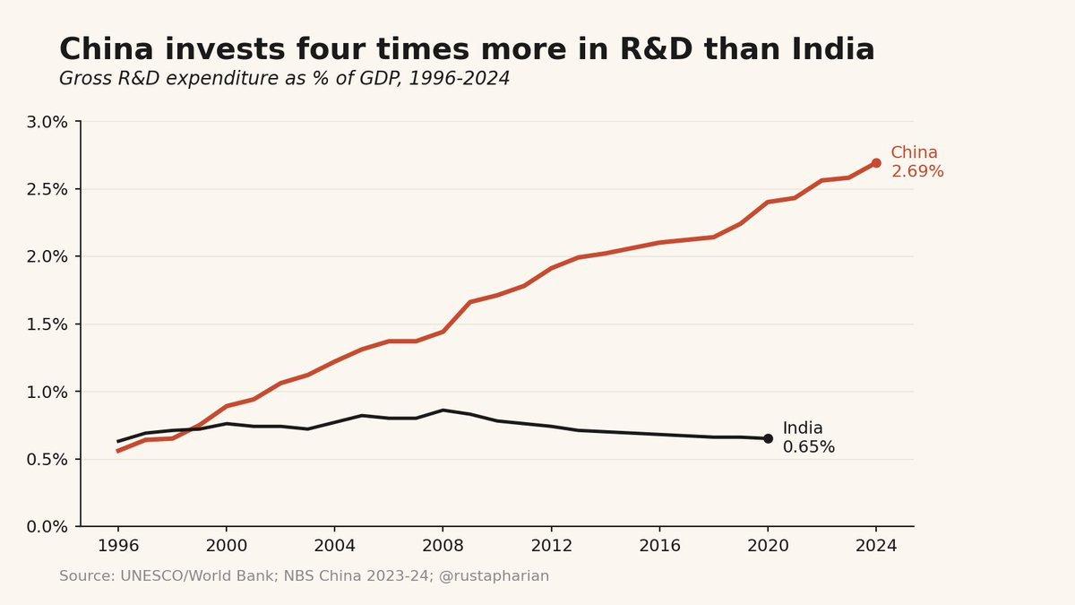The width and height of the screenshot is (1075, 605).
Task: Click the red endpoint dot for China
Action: pyautogui.click(x=876, y=163)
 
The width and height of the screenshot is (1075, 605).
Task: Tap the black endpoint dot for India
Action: pyautogui.click(x=768, y=438)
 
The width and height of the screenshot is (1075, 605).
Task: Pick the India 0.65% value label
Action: pyautogui.click(x=809, y=437)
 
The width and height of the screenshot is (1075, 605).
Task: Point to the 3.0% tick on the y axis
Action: pyautogui.click(x=47, y=122)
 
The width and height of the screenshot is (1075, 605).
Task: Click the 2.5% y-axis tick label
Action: pyautogui.click(x=47, y=190)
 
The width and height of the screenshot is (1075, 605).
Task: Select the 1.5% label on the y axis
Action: pyautogui.click(x=47, y=324)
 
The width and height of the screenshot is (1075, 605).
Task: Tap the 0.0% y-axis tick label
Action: pyautogui.click(x=47, y=527)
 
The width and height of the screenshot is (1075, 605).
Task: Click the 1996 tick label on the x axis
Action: pyautogui.click(x=118, y=546)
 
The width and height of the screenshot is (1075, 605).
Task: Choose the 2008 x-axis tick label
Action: pyautogui.click(x=443, y=546)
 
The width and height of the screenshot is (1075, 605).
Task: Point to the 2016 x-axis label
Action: pyautogui.click(x=659, y=546)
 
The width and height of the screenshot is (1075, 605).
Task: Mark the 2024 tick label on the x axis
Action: pyautogui.click(x=876, y=546)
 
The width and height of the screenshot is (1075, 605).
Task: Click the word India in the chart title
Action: pyautogui.click(x=832, y=49)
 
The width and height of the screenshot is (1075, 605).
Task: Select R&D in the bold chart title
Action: pyautogui.click(x=656, y=49)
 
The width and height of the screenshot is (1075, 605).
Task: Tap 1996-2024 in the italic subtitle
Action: pyautogui.click(x=460, y=78)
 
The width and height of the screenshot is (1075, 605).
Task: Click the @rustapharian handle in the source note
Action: pyautogui.click(x=494, y=576)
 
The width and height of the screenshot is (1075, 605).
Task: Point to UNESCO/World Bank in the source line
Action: pyautogui.click(x=197, y=576)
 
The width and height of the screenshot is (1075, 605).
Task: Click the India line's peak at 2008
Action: pyautogui.click(x=443, y=411)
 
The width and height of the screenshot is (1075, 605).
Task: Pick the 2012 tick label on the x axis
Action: pyautogui.click(x=552, y=546)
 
